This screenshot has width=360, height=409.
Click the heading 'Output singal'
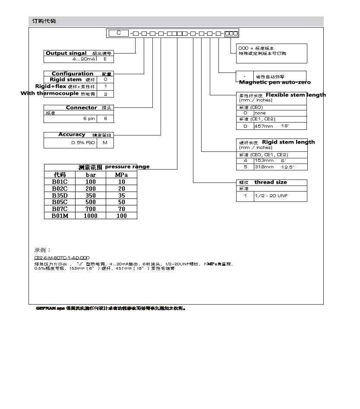click(x=66, y=53)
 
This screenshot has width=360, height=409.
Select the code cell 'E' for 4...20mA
click(x=105, y=59)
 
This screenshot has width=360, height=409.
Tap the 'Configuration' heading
click(x=73, y=73)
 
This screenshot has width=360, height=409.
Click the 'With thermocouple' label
click(x=50, y=93)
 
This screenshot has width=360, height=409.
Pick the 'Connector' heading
click(x=81, y=107)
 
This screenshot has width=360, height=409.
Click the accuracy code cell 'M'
click(x=105, y=142)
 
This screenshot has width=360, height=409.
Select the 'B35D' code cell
click(x=60, y=195)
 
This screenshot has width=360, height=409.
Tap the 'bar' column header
click(x=91, y=175)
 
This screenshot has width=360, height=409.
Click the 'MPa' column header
click(x=121, y=175)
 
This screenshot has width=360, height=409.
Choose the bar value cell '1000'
click(x=91, y=216)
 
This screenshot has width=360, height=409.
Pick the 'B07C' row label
click(x=60, y=209)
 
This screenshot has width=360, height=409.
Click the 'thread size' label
click(x=270, y=182)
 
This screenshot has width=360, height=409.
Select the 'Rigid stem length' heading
click(x=288, y=142)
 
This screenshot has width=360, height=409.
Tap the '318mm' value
click(x=264, y=167)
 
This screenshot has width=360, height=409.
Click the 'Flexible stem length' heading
click(x=296, y=95)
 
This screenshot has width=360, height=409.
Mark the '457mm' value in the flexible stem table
click(x=264, y=126)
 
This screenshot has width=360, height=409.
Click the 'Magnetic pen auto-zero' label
click(x=275, y=82)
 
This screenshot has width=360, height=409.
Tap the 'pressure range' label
click(x=127, y=167)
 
